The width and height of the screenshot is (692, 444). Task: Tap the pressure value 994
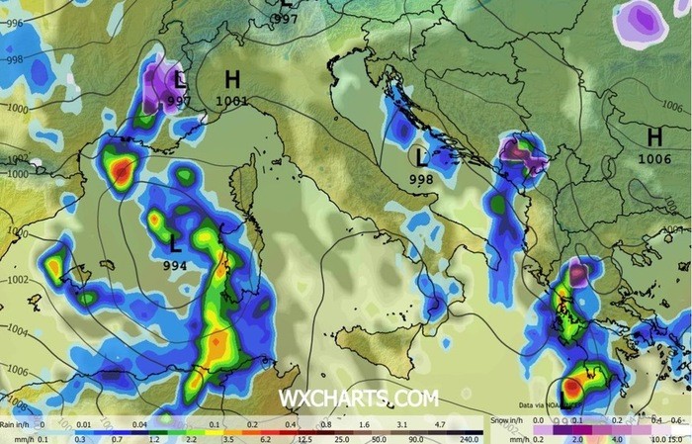point(177,265)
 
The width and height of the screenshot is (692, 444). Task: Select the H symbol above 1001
point(232,80)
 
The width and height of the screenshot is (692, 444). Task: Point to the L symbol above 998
point(422,157)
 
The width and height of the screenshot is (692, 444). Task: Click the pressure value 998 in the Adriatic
point(422,179)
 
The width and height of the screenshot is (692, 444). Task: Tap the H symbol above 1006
point(654,137)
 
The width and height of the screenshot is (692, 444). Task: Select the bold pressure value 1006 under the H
point(654,158)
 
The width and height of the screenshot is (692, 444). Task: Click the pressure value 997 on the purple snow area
point(179,100)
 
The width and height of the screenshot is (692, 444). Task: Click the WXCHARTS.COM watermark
point(358,399)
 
